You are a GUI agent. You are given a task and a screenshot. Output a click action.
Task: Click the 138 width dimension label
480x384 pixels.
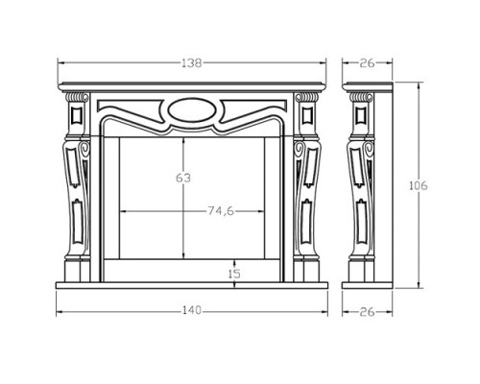(x=192, y=63)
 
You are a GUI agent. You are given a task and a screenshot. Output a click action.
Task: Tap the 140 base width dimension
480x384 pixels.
(x=192, y=310)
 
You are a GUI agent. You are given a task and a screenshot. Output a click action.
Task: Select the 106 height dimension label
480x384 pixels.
(x=419, y=185)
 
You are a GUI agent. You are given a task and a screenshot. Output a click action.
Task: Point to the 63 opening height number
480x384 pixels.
(x=183, y=178)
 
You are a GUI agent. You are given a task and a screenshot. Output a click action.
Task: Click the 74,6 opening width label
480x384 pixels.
(x=221, y=211)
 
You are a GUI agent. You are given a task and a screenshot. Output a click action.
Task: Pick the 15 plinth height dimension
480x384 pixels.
(x=234, y=274)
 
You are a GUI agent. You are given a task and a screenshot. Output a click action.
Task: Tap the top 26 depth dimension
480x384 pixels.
(x=367, y=63)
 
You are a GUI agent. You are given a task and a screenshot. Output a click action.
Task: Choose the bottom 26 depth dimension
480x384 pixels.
(x=367, y=312)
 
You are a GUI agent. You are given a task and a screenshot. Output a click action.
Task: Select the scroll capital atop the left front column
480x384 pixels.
(x=77, y=97)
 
